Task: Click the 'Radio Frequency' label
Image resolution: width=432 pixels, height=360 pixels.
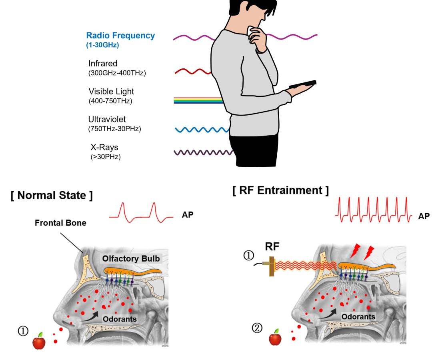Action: (120, 36)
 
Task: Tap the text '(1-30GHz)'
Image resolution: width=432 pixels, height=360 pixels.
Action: (102, 45)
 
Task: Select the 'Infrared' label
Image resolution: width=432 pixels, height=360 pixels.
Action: (103, 64)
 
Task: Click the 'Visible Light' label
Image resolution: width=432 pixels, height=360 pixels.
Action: (111, 92)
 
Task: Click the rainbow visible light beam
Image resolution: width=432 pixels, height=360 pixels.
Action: (198, 100)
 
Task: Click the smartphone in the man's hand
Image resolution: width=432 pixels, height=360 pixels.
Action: (303, 84)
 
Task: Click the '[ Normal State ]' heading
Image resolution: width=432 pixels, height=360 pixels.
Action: (52, 196)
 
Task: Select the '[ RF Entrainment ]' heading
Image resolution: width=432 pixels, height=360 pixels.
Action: (280, 190)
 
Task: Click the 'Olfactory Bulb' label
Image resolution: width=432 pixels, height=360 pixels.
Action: (131, 259)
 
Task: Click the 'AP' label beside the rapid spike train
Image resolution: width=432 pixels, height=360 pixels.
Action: (424, 216)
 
